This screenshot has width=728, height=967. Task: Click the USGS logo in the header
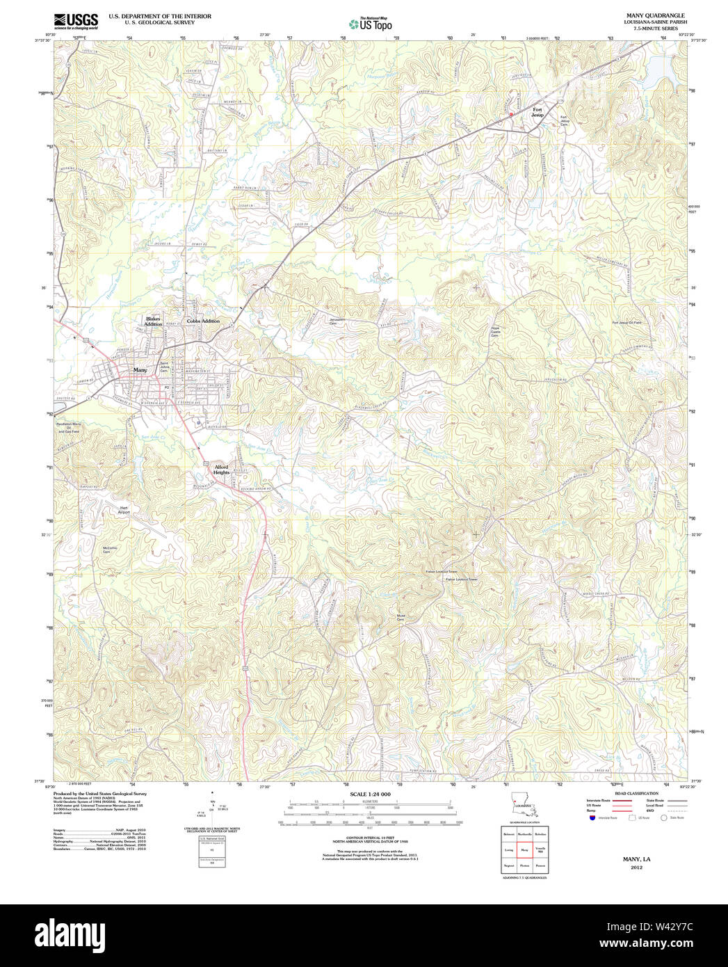coord(76,20)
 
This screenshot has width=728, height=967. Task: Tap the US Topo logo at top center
coord(371,24)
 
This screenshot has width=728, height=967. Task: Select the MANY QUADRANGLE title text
coord(655,15)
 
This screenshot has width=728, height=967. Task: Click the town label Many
coord(140,370)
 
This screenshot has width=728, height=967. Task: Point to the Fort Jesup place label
coord(537,112)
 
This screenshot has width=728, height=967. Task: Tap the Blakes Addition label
coord(153,321)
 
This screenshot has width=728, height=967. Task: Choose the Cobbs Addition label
coord(202,321)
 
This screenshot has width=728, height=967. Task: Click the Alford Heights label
coord(221,470)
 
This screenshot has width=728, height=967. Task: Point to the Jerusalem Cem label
coord(337,322)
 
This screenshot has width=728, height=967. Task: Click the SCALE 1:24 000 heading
coord(370,794)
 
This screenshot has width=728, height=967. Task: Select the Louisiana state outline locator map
coord(524,804)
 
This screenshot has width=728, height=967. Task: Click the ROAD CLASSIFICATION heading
coord(636,793)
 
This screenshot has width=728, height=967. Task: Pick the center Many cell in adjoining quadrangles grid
coord(525,850)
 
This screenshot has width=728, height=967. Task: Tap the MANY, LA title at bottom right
coord(636,859)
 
